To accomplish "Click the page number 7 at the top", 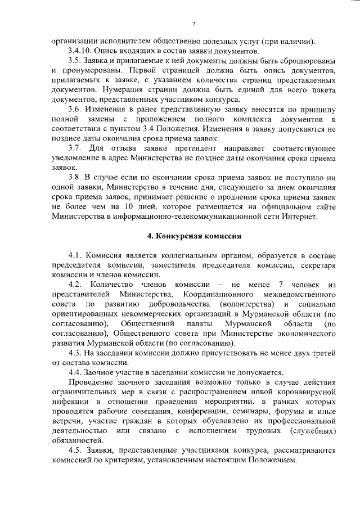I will pyautogui.click(x=193, y=24).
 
